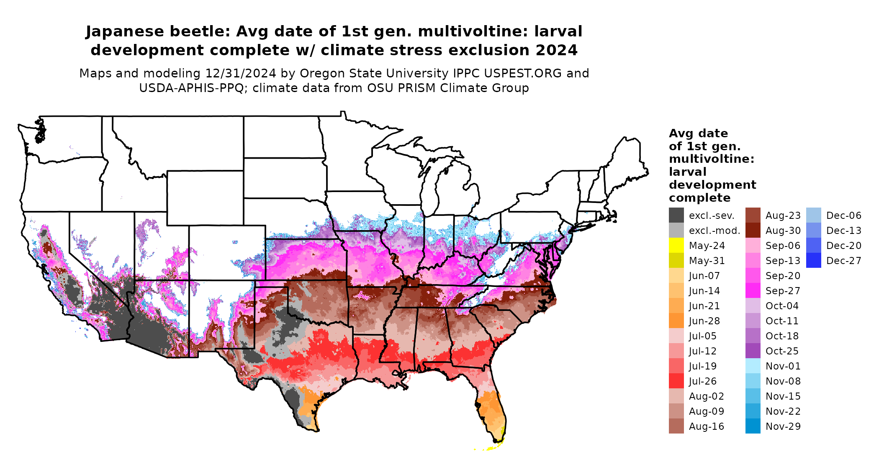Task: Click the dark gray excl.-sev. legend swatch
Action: [676, 216]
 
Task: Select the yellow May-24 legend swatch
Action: [676, 246]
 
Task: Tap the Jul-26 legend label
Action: [703, 381]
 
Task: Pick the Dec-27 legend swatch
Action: [813, 261]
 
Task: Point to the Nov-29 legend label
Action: [783, 426]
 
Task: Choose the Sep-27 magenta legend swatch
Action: [753, 291]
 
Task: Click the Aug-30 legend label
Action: [783, 231]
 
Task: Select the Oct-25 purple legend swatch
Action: [753, 351]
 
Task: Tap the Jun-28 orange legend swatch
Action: [676, 321]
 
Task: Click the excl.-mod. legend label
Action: [715, 231]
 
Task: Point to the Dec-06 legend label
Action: [843, 216]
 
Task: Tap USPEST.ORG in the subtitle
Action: [523, 73]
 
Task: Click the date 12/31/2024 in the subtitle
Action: [240, 73]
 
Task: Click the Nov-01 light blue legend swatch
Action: [753, 366]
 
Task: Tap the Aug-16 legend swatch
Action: [676, 426]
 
